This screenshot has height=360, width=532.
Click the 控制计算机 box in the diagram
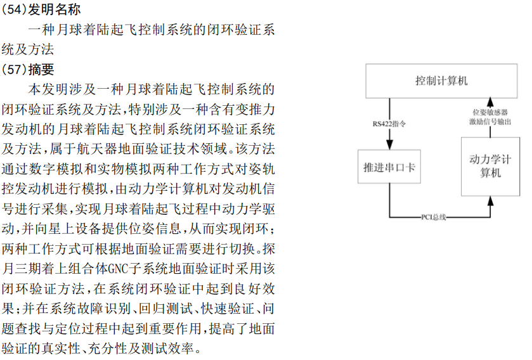click(441, 81)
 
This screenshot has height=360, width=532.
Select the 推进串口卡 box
click(389, 167)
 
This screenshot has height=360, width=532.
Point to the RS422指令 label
click(389, 124)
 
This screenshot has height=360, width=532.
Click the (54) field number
click(15, 11)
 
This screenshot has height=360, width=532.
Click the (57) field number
click(15, 69)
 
